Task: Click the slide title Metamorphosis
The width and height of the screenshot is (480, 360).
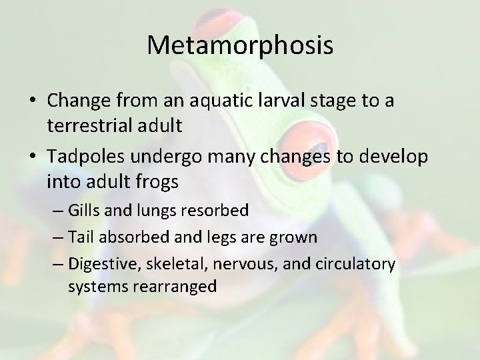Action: (240, 45)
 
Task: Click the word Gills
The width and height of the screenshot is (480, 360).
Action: (85, 211)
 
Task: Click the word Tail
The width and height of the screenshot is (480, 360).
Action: (81, 237)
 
